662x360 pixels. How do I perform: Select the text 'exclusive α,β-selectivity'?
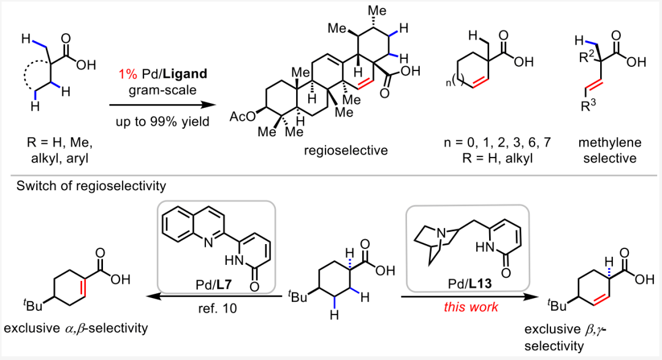tap(77, 329)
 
